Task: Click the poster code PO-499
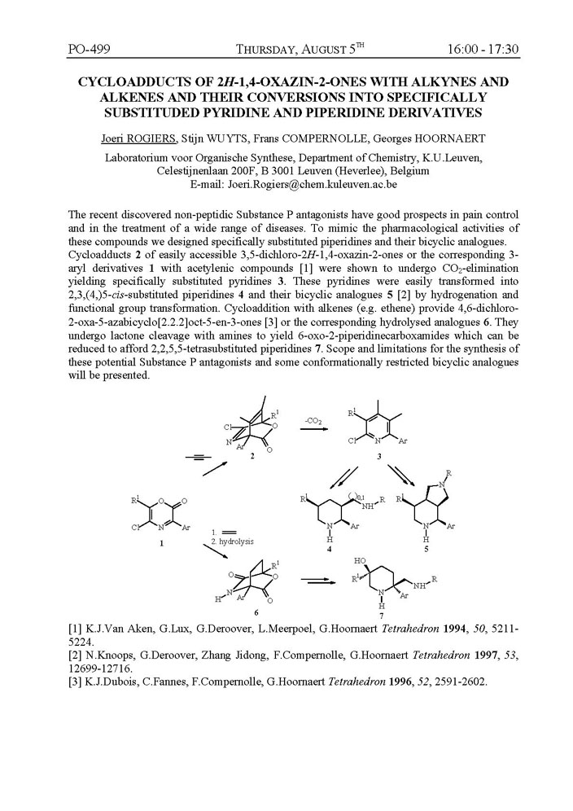tap(88, 50)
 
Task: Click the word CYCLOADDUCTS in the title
tap(127, 82)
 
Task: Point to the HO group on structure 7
tap(361, 562)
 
